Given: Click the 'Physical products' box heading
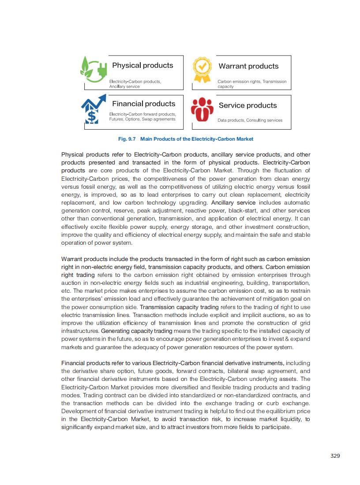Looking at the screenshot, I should click(142, 65).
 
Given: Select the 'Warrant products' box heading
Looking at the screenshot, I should click(248, 66).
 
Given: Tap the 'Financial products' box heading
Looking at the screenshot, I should click(143, 104).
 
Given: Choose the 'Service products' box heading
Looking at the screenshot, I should click(247, 105).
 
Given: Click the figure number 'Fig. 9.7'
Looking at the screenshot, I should click(127, 139).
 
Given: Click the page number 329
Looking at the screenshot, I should click(335, 455).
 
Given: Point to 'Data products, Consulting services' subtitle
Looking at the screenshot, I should click(250, 120).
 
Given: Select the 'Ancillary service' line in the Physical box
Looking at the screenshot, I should click(124, 86).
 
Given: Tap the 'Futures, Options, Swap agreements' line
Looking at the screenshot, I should click(142, 119).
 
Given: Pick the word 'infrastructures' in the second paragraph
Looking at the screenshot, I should click(80, 331).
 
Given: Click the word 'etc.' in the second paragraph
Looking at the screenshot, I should click(66, 291).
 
